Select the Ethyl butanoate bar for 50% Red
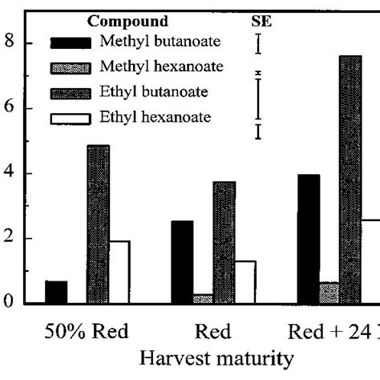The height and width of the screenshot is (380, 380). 98,224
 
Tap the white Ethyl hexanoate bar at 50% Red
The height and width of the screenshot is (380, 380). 119,273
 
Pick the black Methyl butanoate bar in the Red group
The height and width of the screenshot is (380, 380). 182,262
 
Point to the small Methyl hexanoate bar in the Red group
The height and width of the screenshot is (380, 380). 203,299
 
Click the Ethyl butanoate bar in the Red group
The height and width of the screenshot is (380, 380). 224,243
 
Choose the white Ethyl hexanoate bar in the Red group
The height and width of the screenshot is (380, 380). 245,282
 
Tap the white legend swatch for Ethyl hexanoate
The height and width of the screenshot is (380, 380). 71,119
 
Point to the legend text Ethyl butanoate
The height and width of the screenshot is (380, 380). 153,92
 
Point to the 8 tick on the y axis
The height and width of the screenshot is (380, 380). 10,43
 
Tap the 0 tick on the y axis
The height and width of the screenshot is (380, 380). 10,303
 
